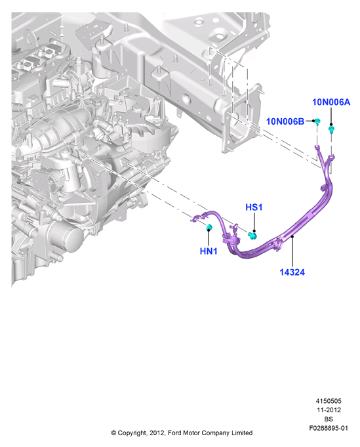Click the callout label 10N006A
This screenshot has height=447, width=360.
point(331,102)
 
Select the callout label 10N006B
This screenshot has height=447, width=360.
point(285,121)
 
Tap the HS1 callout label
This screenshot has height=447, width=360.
point(254,207)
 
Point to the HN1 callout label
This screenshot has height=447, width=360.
point(209,251)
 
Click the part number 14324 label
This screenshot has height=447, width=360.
point(292,272)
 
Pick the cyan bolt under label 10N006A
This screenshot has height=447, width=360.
point(331,130)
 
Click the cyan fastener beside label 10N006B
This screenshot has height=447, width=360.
point(318,121)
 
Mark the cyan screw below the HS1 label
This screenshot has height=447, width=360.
point(252,236)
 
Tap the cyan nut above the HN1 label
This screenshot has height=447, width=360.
point(209,227)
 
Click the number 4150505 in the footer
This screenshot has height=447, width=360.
point(329,401)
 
